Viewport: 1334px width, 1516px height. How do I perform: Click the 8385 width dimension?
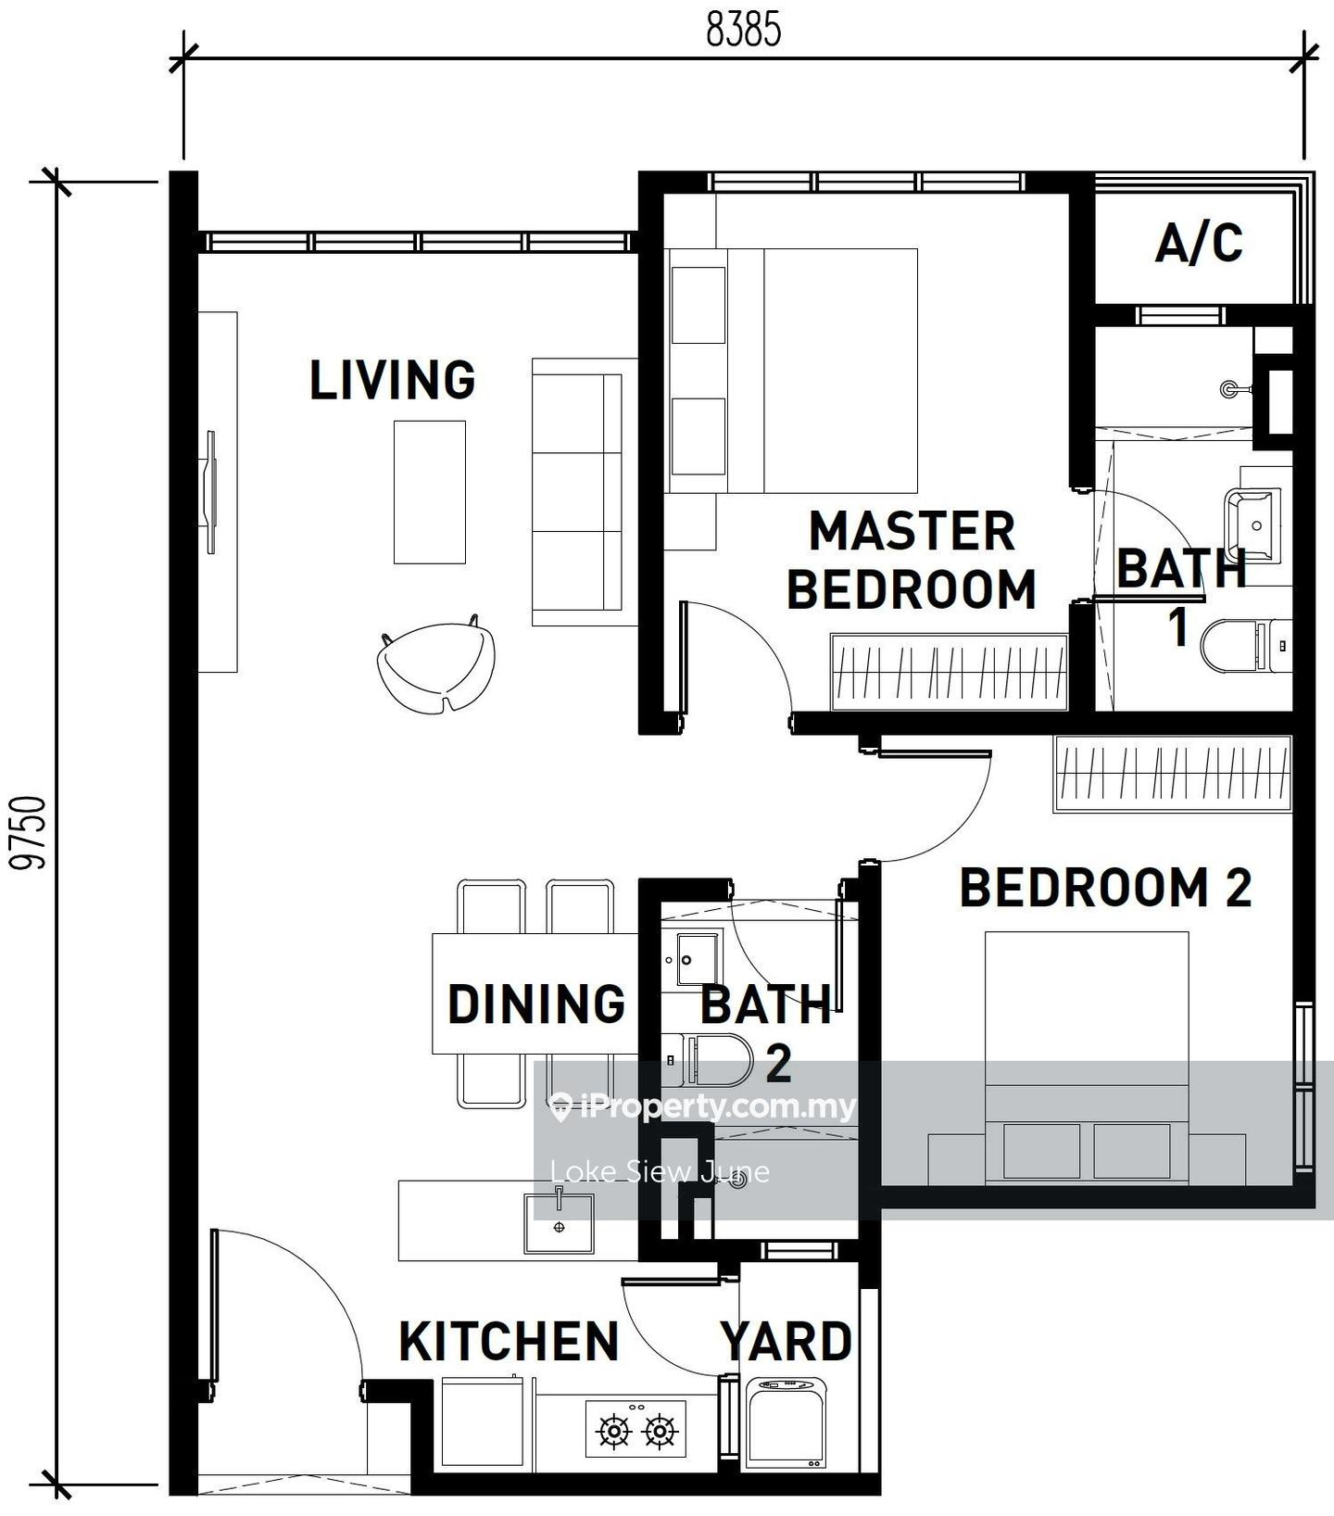pyautogui.click(x=744, y=29)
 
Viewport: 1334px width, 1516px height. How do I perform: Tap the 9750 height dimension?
pyautogui.click(x=29, y=832)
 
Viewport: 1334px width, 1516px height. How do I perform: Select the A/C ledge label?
pyautogui.click(x=1199, y=243)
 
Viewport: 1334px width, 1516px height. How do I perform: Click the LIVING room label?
pyautogui.click(x=393, y=380)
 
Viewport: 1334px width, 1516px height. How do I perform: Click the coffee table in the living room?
pyautogui.click(x=430, y=492)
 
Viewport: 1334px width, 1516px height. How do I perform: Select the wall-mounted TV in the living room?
pyautogui.click(x=210, y=493)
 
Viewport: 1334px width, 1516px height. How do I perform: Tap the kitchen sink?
pyautogui.click(x=560, y=1222)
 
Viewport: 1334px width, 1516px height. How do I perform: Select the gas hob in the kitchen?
pyautogui.click(x=636, y=1428)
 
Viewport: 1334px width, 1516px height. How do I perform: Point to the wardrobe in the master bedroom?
pyautogui.click(x=950, y=672)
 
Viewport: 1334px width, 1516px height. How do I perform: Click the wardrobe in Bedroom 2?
pyautogui.click(x=1172, y=774)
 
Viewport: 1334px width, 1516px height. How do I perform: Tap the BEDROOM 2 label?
pyautogui.click(x=1106, y=887)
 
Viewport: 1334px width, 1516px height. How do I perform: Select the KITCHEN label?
pyautogui.click(x=509, y=1341)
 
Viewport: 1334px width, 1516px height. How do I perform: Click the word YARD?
pyautogui.click(x=787, y=1341)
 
